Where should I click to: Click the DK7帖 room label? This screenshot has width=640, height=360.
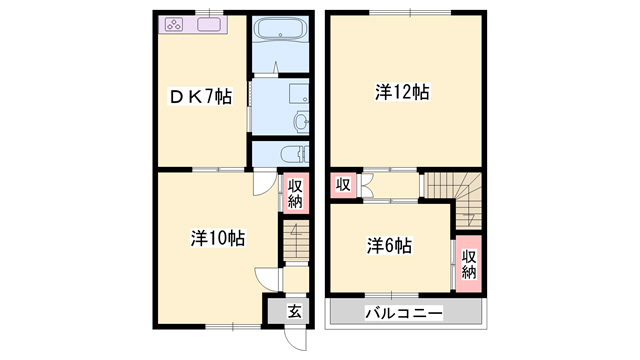(200, 97)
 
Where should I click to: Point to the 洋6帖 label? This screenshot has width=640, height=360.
(390, 245)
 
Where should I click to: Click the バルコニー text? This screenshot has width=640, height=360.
(402, 314)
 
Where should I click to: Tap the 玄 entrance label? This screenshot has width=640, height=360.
(295, 311)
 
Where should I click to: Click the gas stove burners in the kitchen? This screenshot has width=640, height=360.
(171, 26)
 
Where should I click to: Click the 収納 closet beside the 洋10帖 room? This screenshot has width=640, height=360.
(296, 193)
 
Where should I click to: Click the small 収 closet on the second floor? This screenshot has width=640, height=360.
(343, 185)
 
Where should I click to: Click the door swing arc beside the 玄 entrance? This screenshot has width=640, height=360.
(264, 279)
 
